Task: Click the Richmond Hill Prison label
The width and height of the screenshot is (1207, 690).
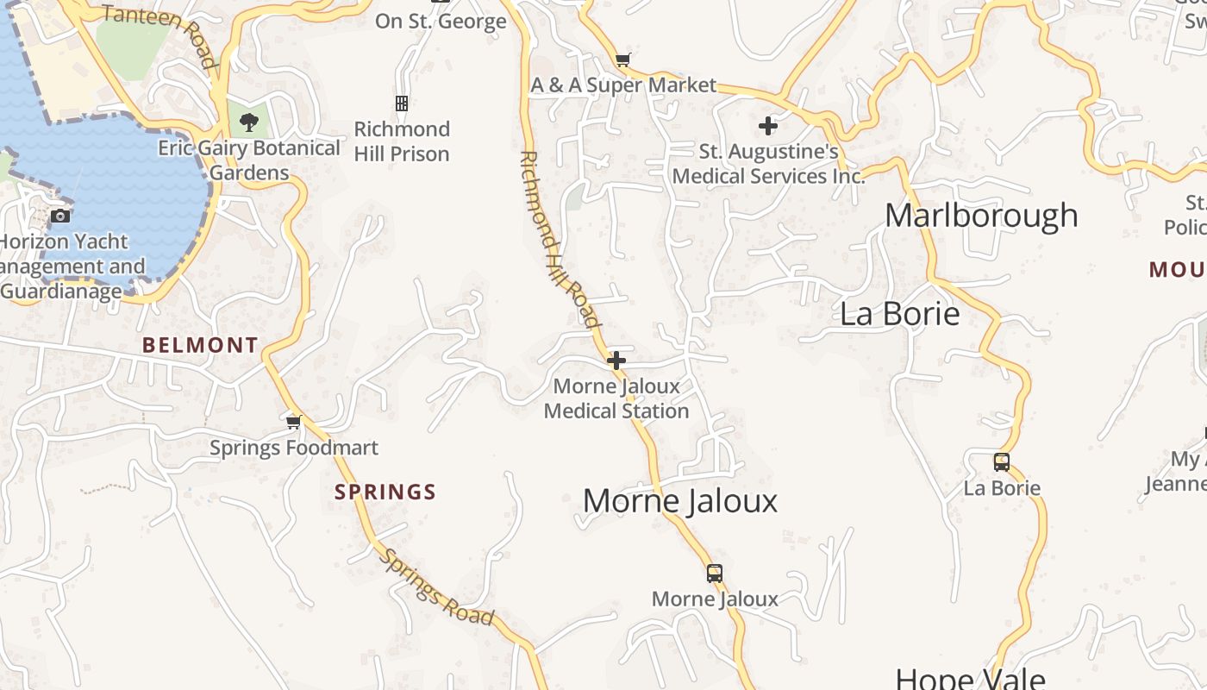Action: coord(402,141)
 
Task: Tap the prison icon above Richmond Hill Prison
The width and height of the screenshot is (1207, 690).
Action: coord(402,103)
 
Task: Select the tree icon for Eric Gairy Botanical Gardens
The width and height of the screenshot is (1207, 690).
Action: coord(249,122)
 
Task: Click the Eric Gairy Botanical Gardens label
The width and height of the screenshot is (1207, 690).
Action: coord(249,160)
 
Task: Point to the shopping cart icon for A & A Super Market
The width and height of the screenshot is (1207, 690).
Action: coord(622,60)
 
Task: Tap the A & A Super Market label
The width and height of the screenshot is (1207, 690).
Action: coord(623,85)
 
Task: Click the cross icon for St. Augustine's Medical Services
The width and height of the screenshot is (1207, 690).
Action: coord(767,126)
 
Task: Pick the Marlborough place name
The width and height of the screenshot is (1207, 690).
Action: coord(981,215)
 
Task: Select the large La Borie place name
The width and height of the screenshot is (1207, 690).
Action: coord(899,313)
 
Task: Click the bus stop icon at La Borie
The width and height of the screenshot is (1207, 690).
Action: coord(1001,461)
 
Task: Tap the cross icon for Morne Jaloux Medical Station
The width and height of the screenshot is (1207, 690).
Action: coord(616,361)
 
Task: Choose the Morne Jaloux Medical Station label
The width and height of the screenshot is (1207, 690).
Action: coord(616,398)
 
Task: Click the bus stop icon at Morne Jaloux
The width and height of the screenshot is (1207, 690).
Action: coord(714,573)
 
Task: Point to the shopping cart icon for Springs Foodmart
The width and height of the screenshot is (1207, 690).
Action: coord(294,422)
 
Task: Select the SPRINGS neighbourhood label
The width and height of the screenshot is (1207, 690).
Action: coord(385,492)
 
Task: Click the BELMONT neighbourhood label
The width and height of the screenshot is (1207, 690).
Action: coord(200,346)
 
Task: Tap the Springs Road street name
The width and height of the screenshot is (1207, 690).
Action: coord(437,587)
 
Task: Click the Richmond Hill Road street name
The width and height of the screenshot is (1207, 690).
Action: coord(559,240)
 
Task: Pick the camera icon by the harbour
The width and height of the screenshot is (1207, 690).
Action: coord(60,216)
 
